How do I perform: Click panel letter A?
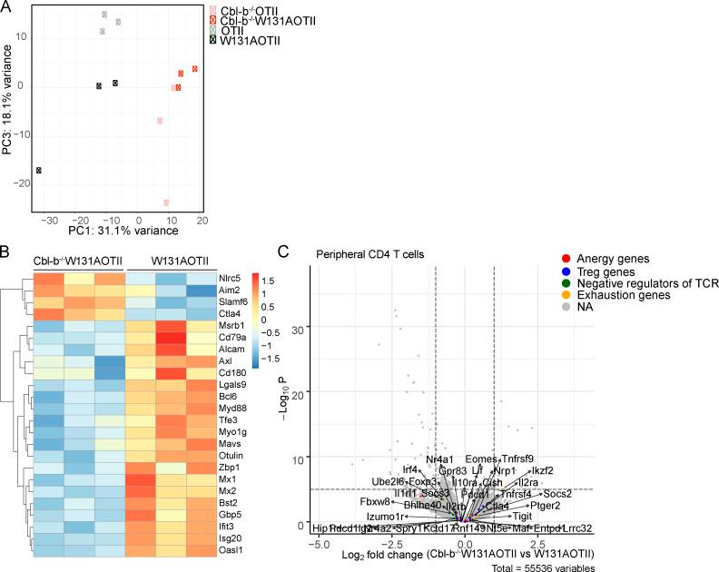(x=7, y=8)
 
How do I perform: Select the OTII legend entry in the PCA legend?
(x=238, y=29)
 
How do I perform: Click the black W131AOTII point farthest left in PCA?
(x=39, y=171)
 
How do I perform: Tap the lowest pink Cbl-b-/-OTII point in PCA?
(x=166, y=202)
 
